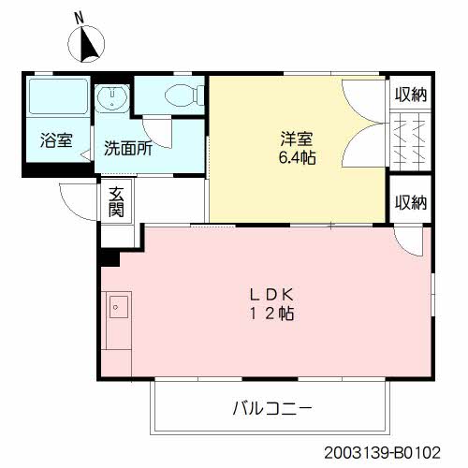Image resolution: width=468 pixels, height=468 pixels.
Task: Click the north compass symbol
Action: [x=86, y=44]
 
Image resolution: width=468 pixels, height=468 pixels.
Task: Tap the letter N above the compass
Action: [x=80, y=18]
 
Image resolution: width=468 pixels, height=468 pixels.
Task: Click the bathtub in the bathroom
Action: [x=58, y=96]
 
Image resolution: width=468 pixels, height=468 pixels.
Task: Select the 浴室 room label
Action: [x=56, y=140]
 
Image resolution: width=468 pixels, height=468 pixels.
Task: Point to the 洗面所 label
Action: [x=128, y=148]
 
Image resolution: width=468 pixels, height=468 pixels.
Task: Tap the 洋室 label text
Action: [x=297, y=139]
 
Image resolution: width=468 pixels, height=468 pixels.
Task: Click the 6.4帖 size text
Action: [x=297, y=157]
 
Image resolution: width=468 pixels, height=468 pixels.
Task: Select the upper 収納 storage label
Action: [x=411, y=95]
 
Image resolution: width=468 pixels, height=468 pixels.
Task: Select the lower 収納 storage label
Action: [x=411, y=202]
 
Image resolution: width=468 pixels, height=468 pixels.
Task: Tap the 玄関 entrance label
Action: [x=116, y=201]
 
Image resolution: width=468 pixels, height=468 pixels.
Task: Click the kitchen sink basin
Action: [x=119, y=307]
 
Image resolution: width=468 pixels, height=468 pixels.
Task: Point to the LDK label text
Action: [x=271, y=295]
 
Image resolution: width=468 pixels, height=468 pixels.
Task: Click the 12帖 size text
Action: [x=271, y=314]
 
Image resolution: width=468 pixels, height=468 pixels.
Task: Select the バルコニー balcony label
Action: [x=272, y=408]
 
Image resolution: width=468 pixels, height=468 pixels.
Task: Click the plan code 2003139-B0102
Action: [x=382, y=453]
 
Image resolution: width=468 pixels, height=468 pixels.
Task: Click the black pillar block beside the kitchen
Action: [x=110, y=257]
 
